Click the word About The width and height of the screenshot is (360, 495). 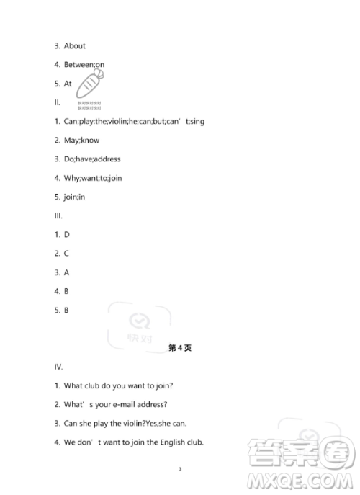point(75,46)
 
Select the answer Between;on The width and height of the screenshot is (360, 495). point(84,65)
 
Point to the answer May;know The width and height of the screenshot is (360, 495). point(82,140)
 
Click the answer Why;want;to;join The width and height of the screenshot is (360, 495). point(93,178)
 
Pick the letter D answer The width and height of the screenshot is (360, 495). point(66,234)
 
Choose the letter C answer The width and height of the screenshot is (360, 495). point(66,253)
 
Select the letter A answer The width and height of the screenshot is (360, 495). point(66,272)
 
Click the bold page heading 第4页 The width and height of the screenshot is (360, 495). point(179,347)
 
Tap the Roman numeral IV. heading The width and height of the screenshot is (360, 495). point(59,367)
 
